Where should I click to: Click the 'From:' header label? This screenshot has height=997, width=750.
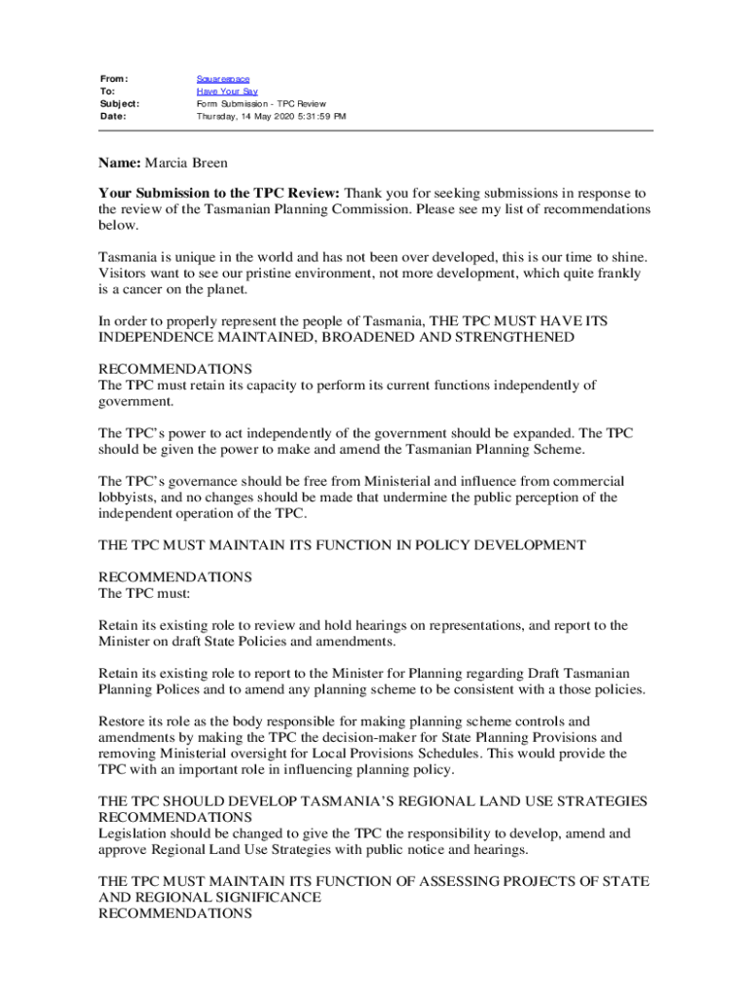pyautogui.click(x=115, y=78)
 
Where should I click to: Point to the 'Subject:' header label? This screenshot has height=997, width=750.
pyautogui.click(x=120, y=103)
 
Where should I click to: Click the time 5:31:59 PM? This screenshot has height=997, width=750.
pyautogui.click(x=319, y=116)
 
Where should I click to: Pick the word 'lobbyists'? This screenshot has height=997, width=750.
pyautogui.click(x=132, y=498)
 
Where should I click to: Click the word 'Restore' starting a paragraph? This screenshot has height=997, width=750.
pyautogui.click(x=124, y=721)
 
